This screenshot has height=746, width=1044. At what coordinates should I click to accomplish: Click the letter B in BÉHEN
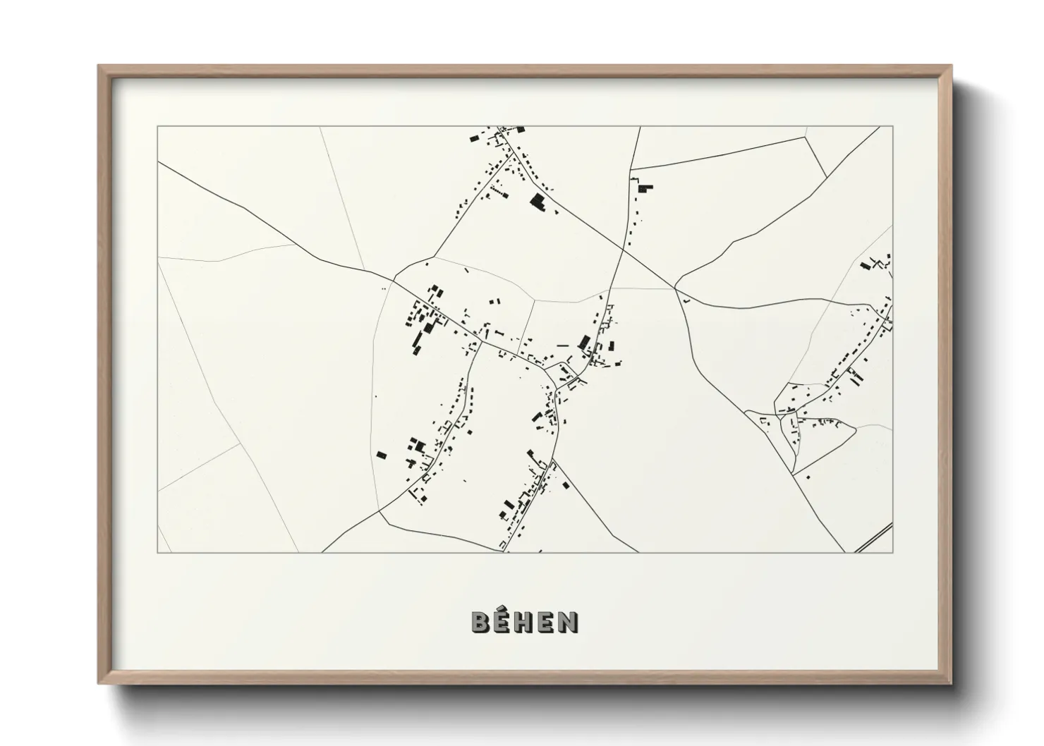[x=481, y=622]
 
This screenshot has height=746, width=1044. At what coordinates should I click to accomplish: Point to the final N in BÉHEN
[x=569, y=622]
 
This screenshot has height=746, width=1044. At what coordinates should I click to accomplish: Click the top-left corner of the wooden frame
[x=99, y=66]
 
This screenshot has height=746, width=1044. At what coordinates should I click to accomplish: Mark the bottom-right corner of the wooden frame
[x=951, y=683]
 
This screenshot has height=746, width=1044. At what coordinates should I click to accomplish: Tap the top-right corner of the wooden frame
[x=951, y=66]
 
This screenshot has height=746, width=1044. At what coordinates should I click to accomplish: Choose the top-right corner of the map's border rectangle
[x=892, y=127]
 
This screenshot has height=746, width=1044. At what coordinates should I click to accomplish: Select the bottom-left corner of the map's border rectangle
[x=157, y=552]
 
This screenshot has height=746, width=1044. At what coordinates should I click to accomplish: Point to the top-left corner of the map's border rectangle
[x=157, y=127]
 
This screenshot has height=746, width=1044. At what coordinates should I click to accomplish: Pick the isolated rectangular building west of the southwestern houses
[x=382, y=455]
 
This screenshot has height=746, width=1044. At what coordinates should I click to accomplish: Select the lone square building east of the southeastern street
[x=565, y=484]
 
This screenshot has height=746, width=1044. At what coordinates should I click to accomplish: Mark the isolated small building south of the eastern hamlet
[x=808, y=477]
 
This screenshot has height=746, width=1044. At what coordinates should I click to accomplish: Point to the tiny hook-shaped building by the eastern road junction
[x=685, y=300]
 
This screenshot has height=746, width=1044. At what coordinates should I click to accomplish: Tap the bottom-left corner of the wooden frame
[x=99, y=683]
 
